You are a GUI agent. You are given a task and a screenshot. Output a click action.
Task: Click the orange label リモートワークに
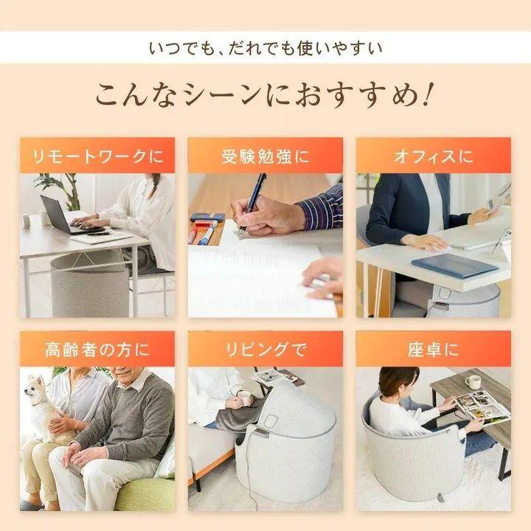point(97,156)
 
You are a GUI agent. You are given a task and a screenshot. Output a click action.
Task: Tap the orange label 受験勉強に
point(265,156)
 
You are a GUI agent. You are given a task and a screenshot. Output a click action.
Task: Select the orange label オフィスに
point(434,156)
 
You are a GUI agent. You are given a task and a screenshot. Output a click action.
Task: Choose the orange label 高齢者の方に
point(97,349)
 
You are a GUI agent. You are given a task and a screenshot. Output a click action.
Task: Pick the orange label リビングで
point(265,349)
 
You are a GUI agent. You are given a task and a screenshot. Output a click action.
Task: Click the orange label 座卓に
point(434,349)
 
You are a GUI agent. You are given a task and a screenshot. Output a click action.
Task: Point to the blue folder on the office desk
point(453,264)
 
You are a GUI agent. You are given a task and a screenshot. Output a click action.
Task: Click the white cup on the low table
point(473,382)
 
